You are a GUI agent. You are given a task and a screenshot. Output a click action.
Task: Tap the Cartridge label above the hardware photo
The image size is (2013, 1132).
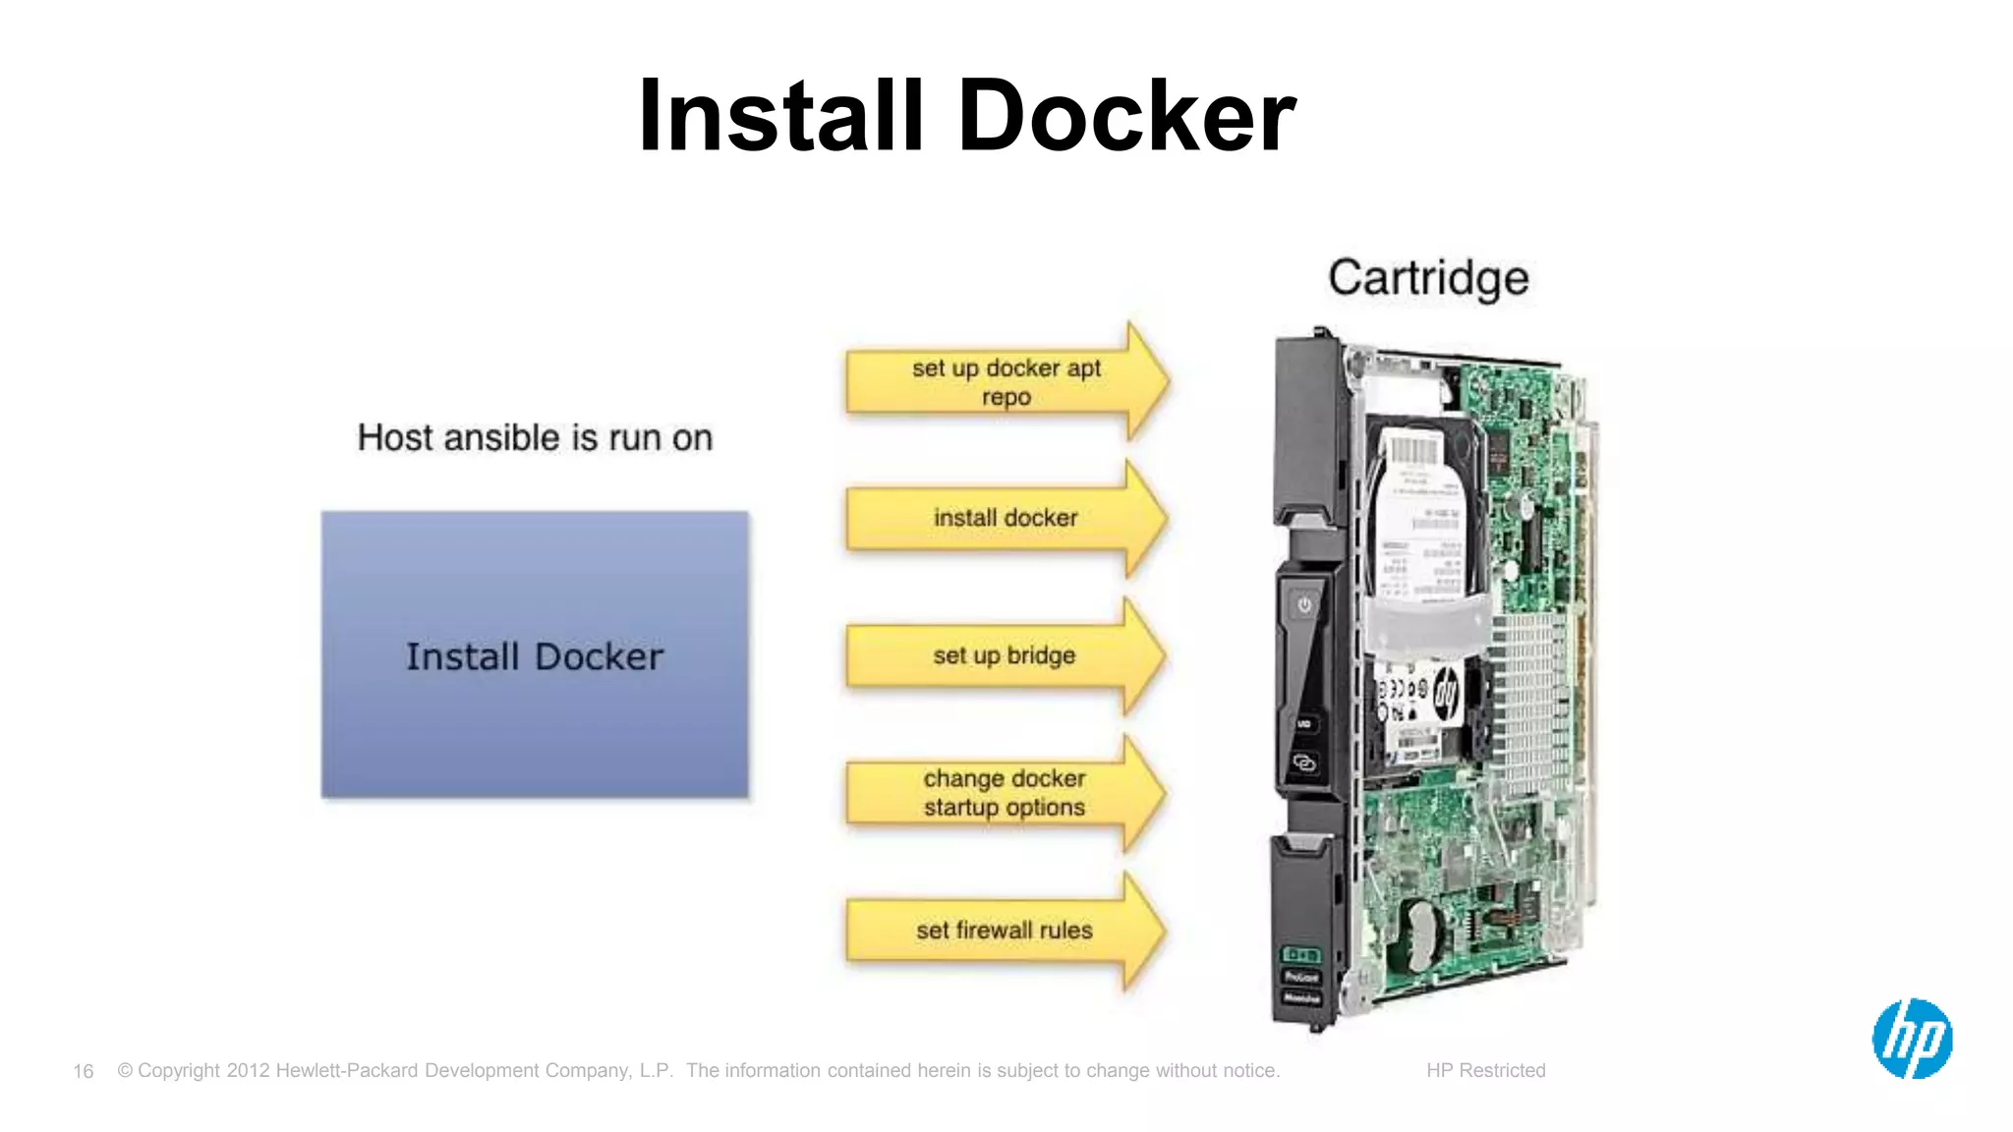[x=1428, y=278]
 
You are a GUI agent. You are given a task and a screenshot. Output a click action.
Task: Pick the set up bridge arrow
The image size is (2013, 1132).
[x=1004, y=655]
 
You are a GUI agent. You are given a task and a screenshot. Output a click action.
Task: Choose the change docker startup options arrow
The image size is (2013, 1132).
[x=1004, y=792]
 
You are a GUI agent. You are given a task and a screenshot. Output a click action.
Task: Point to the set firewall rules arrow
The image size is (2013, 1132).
[x=1004, y=930]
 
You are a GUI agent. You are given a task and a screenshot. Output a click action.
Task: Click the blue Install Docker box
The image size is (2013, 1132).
[x=535, y=654]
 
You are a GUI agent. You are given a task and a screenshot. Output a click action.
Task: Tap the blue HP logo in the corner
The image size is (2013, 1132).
[x=1912, y=1039]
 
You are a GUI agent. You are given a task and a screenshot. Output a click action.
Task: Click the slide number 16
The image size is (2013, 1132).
[x=84, y=1071]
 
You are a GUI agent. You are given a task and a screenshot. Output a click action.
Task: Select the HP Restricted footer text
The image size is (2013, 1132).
[x=1485, y=1070]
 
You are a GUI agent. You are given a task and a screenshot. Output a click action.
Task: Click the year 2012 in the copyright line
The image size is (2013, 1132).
[x=248, y=1070]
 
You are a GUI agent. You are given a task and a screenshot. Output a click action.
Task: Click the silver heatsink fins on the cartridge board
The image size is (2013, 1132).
[x=1528, y=703]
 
